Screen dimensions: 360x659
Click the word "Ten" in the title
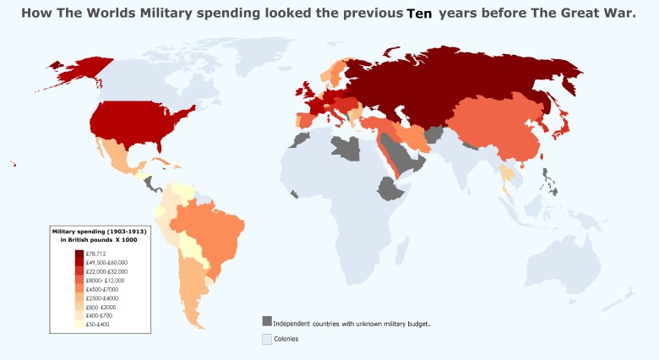(x=419, y=14)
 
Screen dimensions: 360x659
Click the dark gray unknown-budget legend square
(x=267, y=322)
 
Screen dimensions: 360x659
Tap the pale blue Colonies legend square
(x=267, y=338)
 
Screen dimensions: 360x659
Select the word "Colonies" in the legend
(x=286, y=339)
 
